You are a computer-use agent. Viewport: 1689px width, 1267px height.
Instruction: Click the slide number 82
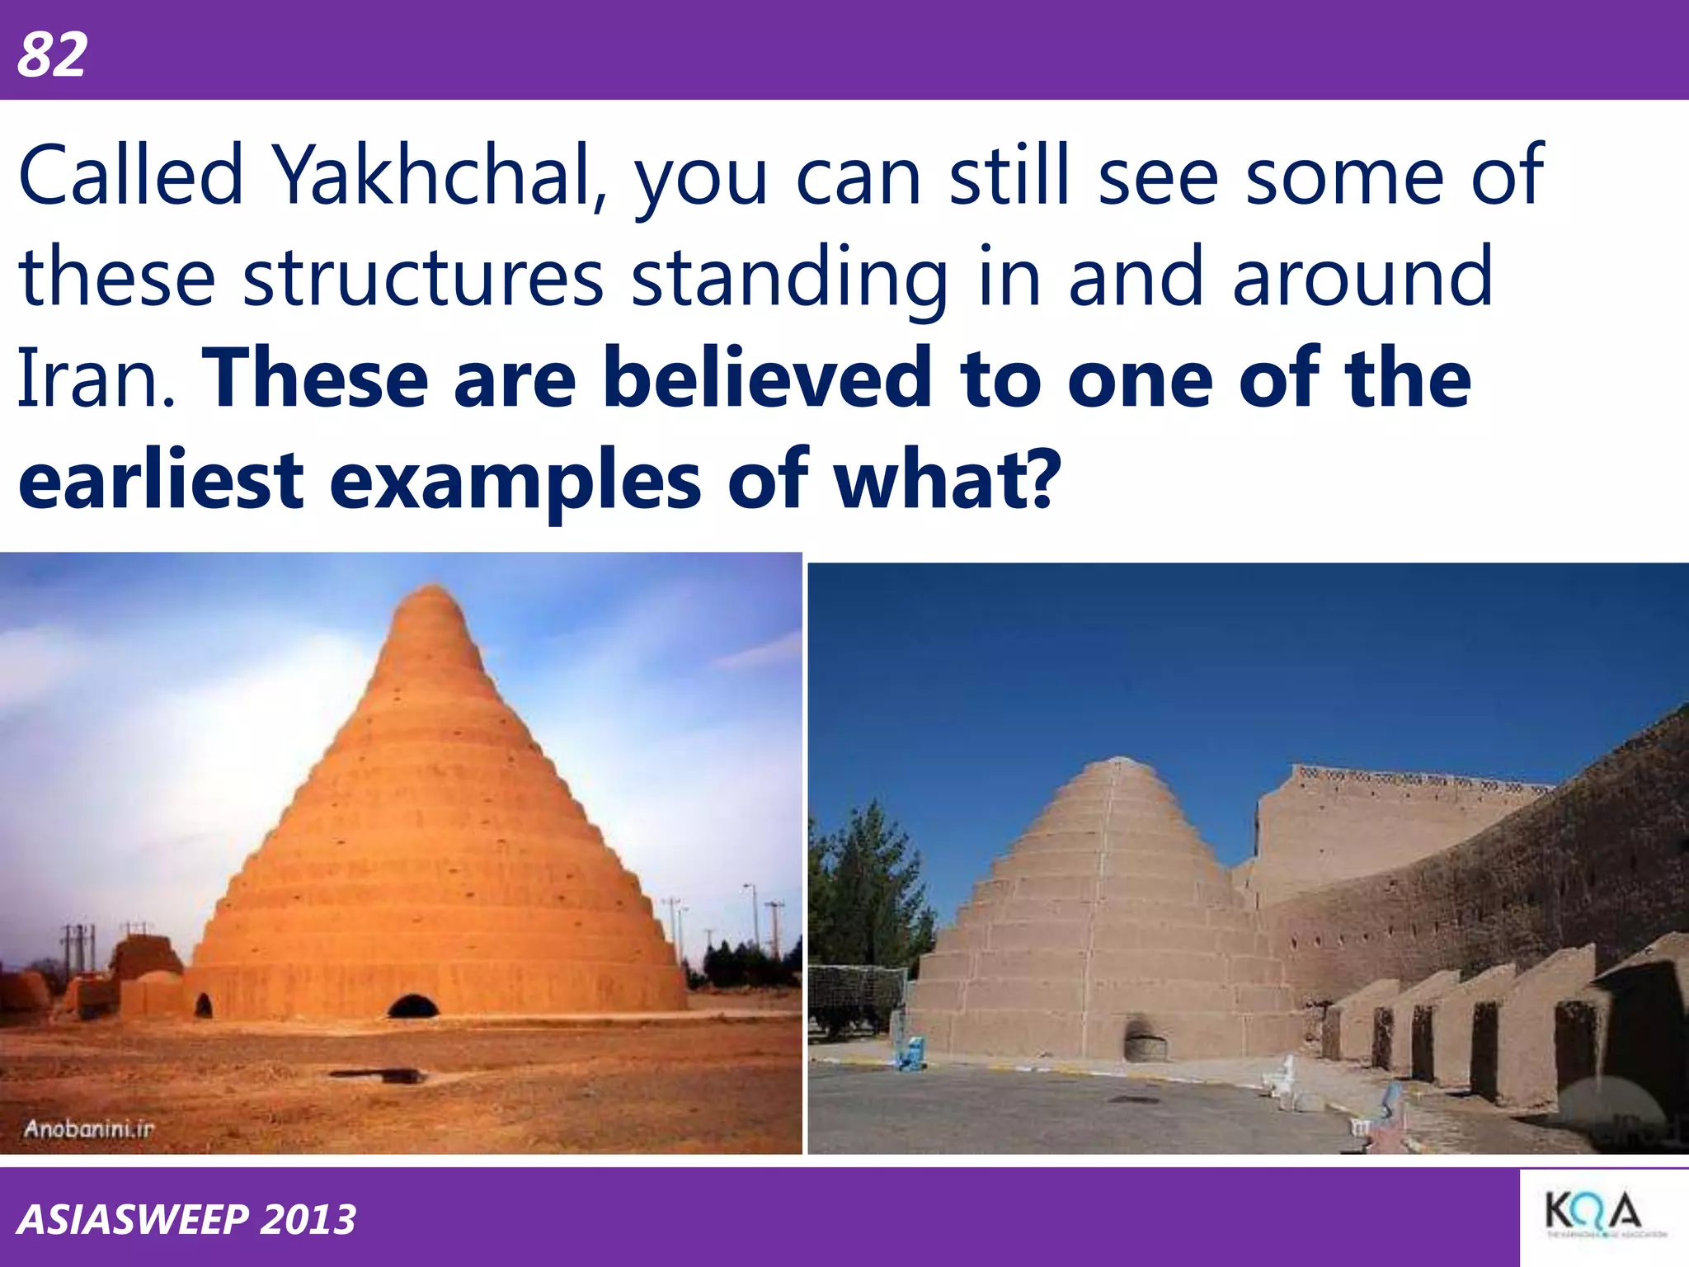click(x=52, y=55)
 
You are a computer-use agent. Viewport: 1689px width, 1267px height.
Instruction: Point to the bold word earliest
click(x=161, y=479)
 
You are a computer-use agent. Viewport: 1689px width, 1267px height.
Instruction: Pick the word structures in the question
click(x=423, y=277)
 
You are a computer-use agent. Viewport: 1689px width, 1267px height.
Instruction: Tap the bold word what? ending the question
click(x=944, y=479)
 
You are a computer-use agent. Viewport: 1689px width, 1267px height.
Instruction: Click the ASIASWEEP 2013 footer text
click(x=186, y=1219)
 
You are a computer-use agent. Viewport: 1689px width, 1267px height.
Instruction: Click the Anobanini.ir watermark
click(x=89, y=1128)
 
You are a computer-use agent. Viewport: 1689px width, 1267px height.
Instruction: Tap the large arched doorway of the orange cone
click(x=413, y=1006)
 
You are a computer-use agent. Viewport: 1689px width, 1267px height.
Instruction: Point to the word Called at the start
click(x=131, y=175)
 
